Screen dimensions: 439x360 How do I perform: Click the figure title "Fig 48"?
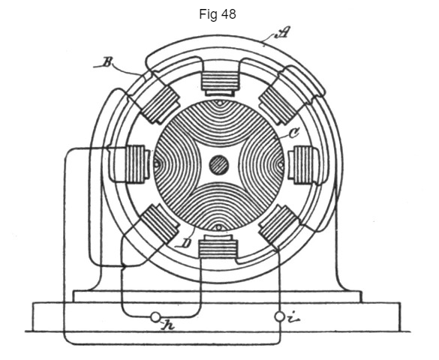click(218, 14)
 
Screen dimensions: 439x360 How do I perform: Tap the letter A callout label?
click(282, 32)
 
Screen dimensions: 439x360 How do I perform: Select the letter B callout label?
click(107, 62)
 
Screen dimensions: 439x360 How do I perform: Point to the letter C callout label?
click(293, 133)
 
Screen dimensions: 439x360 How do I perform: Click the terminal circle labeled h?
click(155, 317)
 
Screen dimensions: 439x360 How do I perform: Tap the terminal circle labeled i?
click(279, 316)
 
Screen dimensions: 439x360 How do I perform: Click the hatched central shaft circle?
click(219, 165)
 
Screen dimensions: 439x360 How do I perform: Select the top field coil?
click(221, 82)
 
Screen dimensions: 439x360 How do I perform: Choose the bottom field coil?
click(218, 247)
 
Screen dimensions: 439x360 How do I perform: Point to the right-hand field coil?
click(303, 165)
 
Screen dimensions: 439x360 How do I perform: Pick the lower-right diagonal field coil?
click(278, 224)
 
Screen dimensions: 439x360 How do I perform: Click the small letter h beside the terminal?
click(168, 325)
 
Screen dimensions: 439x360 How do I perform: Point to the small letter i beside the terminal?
click(293, 319)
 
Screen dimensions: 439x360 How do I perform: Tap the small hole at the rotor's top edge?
click(220, 103)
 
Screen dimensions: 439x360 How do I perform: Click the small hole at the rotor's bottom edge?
click(218, 228)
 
